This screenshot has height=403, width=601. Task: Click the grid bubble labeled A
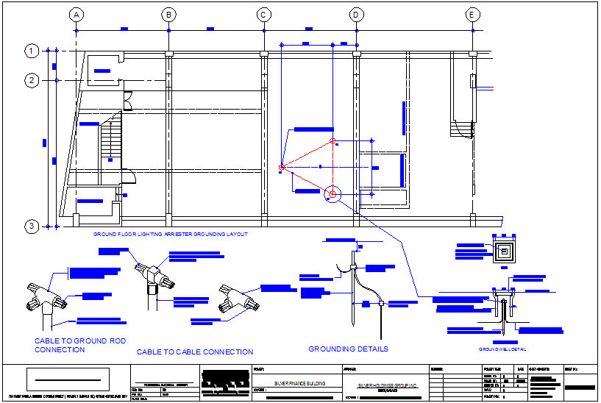tap(76, 15)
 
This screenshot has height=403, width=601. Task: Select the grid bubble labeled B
tap(169, 15)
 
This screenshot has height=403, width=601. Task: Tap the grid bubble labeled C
tap(263, 15)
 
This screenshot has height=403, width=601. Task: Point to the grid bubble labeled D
tap(356, 15)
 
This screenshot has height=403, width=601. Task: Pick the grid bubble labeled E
tap(472, 15)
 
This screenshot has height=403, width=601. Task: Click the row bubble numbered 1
tap(32, 51)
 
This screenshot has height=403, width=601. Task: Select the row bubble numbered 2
tap(32, 79)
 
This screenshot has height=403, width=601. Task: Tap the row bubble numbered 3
tap(32, 226)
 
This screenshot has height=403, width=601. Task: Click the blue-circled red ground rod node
tap(332, 193)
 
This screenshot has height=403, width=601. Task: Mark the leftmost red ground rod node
tap(282, 168)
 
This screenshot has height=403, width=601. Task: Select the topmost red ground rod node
tap(332, 140)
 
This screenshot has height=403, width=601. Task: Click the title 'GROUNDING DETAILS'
tap(348, 349)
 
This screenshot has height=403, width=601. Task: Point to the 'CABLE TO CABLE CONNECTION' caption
tap(195, 352)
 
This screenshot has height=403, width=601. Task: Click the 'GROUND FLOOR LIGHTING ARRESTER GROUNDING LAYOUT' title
tap(170, 235)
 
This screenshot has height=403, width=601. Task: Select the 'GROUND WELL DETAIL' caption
tap(502, 349)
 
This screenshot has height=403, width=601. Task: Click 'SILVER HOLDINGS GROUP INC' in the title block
tap(387, 385)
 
